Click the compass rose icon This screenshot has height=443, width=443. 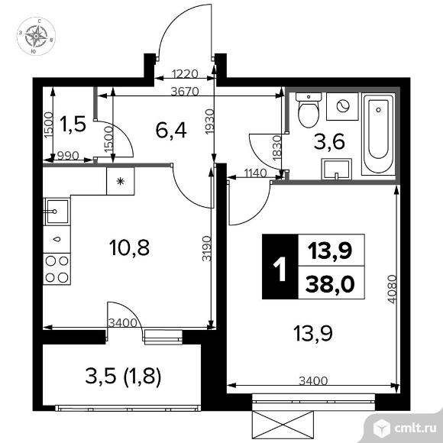pos(35,35)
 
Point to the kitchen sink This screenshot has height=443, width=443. pos(55,210)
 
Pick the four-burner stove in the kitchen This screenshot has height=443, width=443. pos(55,270)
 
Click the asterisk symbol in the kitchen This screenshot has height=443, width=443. pos(120,181)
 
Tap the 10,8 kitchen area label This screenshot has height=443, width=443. pos(130,247)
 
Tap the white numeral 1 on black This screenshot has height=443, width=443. pos(280,267)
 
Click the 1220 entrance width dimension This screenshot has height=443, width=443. pos(186,75)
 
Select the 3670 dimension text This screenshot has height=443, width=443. pos(185,91)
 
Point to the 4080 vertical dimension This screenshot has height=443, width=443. pos(391,289)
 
